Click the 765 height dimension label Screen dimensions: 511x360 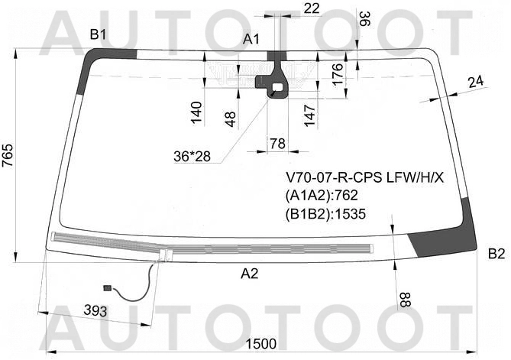(8, 155)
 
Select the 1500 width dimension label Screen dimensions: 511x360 (260, 344)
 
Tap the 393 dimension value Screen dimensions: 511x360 (95, 310)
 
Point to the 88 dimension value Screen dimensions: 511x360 (403, 300)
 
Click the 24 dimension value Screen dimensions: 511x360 (476, 82)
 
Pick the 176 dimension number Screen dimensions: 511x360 (338, 74)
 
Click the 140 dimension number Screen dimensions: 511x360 (196, 113)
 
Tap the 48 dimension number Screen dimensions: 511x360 (230, 119)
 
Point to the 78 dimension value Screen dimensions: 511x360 (278, 144)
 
